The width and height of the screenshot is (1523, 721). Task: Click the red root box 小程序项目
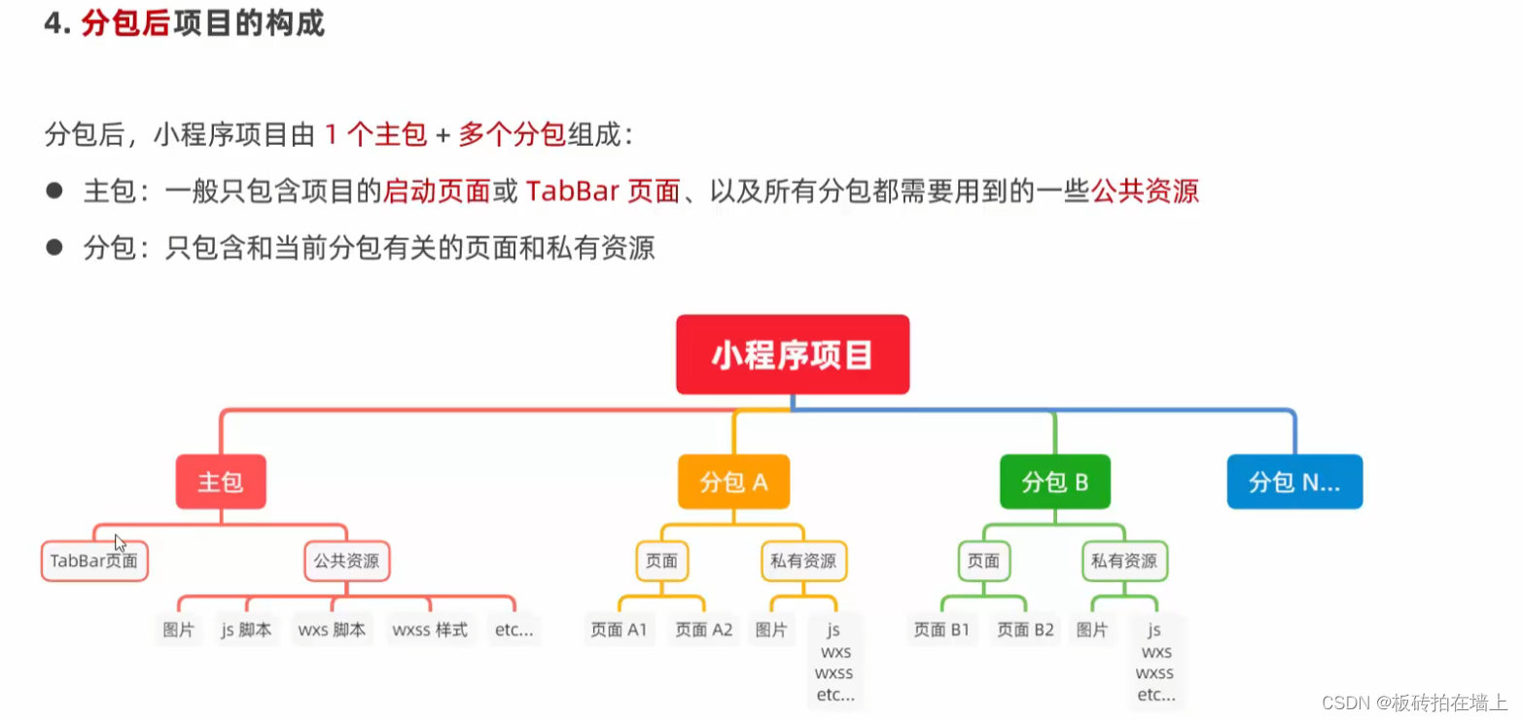click(793, 355)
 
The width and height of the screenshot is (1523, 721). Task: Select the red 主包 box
click(221, 482)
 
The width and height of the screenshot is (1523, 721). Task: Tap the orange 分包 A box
click(733, 482)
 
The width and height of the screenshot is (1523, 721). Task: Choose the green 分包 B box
click(1054, 482)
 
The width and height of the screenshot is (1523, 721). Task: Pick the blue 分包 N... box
click(1293, 482)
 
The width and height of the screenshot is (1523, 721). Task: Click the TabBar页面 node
click(94, 561)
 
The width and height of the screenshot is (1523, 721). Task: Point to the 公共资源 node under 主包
click(346, 561)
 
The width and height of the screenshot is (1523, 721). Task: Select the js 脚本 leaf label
click(246, 630)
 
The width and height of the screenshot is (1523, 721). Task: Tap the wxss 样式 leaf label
click(430, 630)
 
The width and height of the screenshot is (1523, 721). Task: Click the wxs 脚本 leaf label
click(332, 630)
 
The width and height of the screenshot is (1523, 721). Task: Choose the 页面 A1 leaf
click(619, 630)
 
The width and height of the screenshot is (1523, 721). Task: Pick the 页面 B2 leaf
click(1025, 630)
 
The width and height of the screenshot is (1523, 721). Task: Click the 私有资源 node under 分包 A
click(803, 561)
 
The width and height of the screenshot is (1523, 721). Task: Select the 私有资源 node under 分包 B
click(1124, 561)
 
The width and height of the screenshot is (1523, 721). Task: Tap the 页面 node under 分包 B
click(983, 561)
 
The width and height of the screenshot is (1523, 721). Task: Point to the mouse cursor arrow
click(120, 542)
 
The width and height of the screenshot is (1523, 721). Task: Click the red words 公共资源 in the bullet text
click(1145, 191)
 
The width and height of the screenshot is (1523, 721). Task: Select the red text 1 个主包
click(374, 135)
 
